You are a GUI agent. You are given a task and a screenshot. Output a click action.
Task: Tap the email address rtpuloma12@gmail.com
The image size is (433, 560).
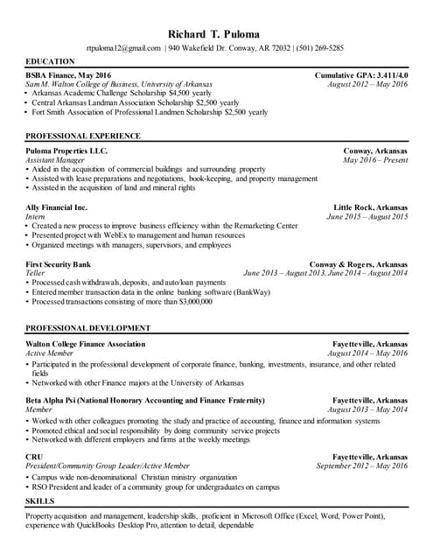[x=124, y=48]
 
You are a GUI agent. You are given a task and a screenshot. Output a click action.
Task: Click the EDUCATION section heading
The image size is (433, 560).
[x=50, y=62]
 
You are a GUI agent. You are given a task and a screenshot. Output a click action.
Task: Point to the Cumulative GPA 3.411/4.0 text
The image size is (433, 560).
[x=360, y=76]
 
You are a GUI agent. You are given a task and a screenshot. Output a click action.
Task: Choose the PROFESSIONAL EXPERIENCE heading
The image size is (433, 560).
[x=83, y=136]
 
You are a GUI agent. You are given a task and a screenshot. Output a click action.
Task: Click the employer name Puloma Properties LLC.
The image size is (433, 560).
[x=67, y=151]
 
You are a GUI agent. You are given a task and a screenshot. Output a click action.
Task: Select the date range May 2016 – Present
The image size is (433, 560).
[x=375, y=160]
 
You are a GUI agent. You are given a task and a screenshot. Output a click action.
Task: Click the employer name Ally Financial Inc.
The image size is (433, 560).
[x=57, y=207]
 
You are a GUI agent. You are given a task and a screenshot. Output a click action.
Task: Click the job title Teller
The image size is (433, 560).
[x=36, y=272]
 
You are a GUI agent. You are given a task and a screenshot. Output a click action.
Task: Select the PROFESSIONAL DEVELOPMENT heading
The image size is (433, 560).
[x=87, y=328]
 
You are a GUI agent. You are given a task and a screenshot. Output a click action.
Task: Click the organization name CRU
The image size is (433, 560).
[x=35, y=457]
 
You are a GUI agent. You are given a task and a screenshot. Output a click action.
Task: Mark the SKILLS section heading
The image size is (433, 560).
[x=40, y=501]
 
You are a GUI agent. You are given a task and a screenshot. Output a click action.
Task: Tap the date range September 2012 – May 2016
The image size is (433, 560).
[x=361, y=466]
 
